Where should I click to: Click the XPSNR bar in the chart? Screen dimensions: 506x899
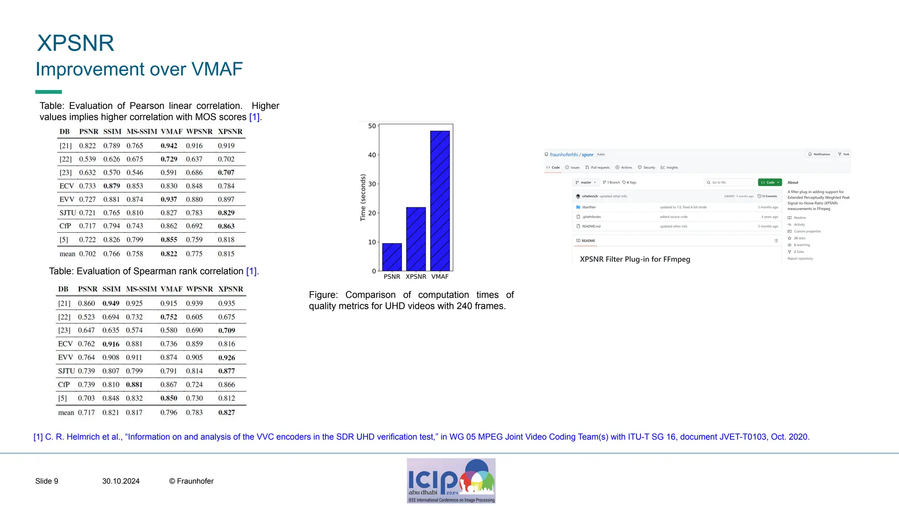pos(416,239)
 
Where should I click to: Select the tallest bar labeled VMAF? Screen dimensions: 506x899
pos(440,201)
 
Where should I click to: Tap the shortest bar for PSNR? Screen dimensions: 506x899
pos(392,257)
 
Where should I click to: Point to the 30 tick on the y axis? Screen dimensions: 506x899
pos(372,184)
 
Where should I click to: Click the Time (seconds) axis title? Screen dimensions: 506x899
pos(363,197)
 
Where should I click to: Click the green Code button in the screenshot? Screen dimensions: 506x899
pos(770,182)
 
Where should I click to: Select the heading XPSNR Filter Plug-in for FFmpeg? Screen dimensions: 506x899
pos(635,259)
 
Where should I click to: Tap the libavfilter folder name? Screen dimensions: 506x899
pos(589,207)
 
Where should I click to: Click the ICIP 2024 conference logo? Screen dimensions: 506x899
pos(451,481)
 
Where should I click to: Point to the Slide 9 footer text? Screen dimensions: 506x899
pos(47,481)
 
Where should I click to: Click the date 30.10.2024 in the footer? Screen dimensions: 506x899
pos(121,481)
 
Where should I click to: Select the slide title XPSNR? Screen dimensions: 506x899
pos(76,43)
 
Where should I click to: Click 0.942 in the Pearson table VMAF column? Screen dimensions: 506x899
pos(169,146)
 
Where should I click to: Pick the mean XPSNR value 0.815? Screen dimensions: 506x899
pos(226,254)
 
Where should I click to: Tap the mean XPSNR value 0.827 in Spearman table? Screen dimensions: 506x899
pos(227,412)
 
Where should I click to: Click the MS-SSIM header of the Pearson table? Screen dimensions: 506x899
pos(141,131)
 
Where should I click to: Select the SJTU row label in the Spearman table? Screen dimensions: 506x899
pos(66,371)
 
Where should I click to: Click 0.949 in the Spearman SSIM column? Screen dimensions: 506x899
pos(111,304)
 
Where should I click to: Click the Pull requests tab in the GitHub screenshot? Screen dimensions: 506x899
pos(598,167)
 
